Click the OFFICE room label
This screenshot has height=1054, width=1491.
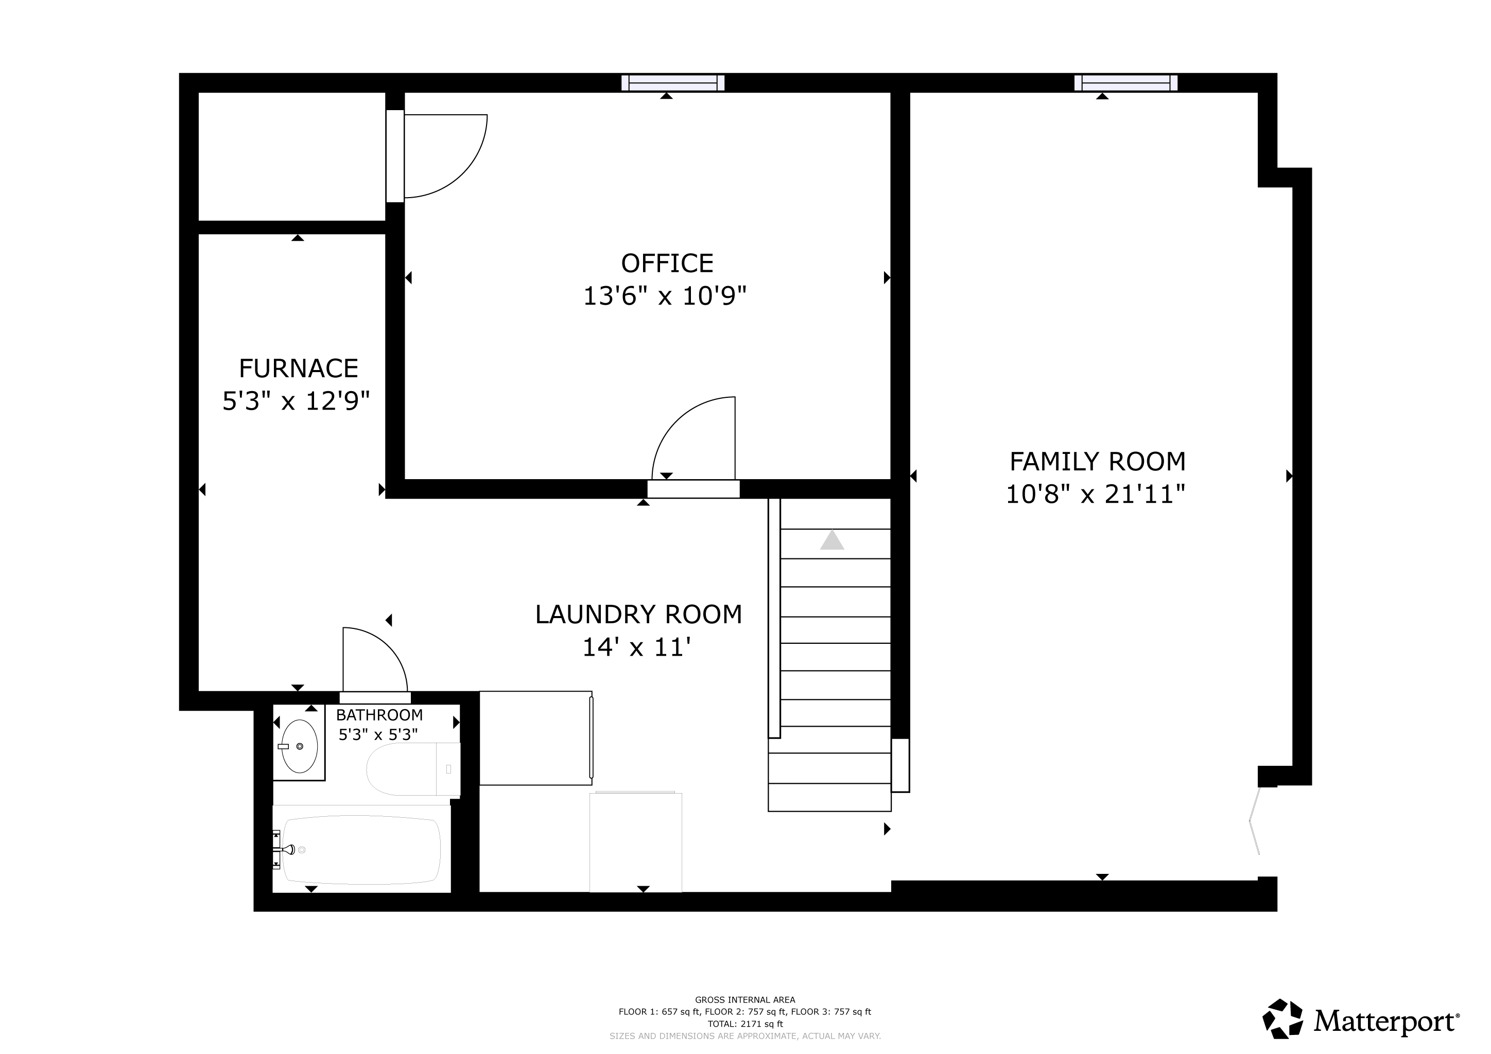coord(667,263)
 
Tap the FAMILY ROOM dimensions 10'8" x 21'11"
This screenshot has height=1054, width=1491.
coord(1096,495)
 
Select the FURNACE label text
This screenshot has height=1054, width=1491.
coord(298,368)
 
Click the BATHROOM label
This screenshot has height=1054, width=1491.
coord(379,715)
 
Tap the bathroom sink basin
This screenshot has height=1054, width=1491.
coord(299,746)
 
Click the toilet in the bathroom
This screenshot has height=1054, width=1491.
coord(413,769)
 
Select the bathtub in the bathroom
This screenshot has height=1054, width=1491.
coord(361,849)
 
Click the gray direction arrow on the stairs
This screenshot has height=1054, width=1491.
coord(832,540)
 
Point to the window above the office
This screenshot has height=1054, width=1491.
coord(673,83)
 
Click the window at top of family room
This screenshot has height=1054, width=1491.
coord(1126,83)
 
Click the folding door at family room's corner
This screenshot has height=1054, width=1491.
coord(1255,821)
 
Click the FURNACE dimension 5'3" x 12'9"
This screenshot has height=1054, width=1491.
coord(296,401)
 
